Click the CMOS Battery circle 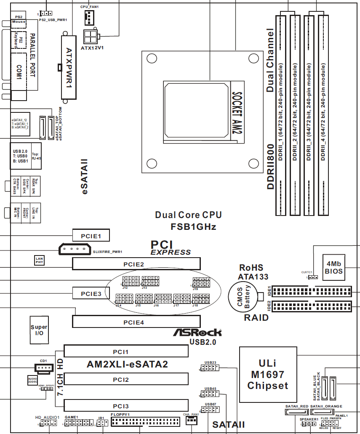(244, 296)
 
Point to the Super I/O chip (39, 330)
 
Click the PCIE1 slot (91, 235)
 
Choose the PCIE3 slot (91, 293)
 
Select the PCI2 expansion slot (126, 380)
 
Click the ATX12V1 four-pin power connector (91, 36)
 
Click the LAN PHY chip (39, 261)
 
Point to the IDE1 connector (312, 291)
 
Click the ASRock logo (197, 333)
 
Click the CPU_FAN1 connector (90, 16)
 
